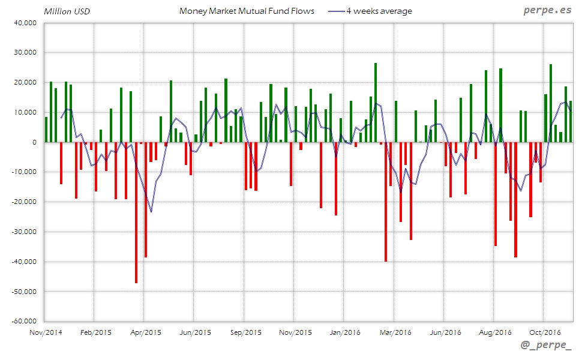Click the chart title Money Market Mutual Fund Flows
point(247,11)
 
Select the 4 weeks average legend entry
point(379,11)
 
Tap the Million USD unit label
point(67,11)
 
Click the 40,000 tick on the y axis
point(25,23)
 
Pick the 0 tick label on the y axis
point(35,142)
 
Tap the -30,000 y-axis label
point(24,232)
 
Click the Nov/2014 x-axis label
point(46,332)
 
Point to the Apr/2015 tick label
point(145,332)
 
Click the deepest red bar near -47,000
point(136,212)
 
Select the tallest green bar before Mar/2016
point(376,103)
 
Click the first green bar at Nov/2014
point(46,130)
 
